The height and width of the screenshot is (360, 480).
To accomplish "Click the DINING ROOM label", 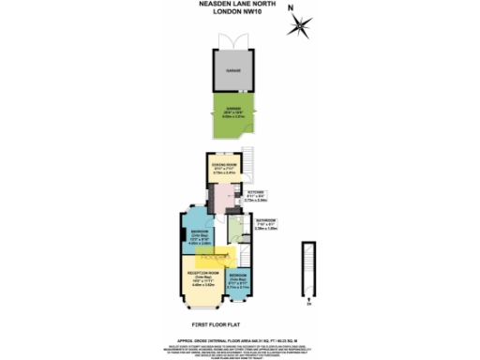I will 224,166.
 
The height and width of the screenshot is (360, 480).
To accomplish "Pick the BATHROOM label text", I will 268,221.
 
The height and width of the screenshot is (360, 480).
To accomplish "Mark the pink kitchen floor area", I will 226,198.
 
